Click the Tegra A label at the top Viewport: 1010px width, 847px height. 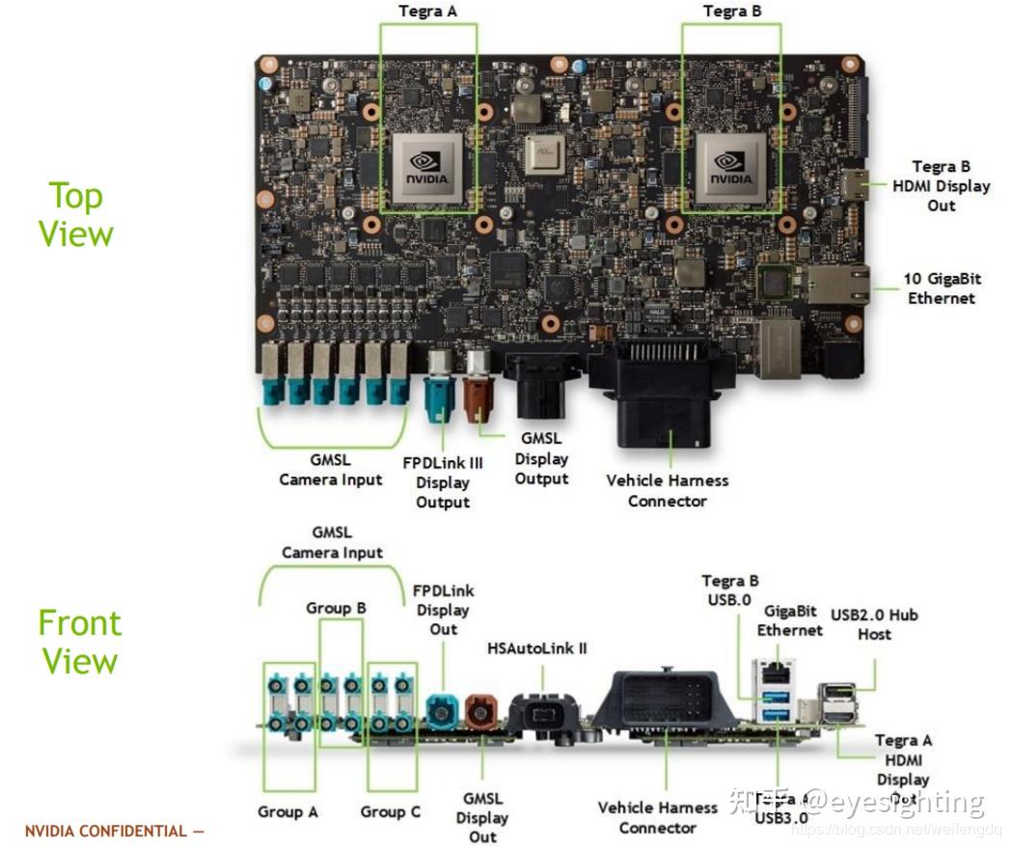point(428,12)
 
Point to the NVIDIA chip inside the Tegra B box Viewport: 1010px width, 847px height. point(730,167)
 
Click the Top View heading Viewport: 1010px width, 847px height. point(76,214)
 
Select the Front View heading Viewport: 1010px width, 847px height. point(79,642)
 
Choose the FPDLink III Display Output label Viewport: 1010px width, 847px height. point(443,482)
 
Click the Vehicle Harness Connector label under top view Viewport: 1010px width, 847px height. point(668,490)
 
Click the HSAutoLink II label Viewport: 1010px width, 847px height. point(537,648)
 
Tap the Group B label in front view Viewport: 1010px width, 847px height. point(336,608)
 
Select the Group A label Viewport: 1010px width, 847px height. point(287,811)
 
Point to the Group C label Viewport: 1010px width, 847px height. point(391,811)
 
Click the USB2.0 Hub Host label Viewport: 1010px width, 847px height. point(874,624)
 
